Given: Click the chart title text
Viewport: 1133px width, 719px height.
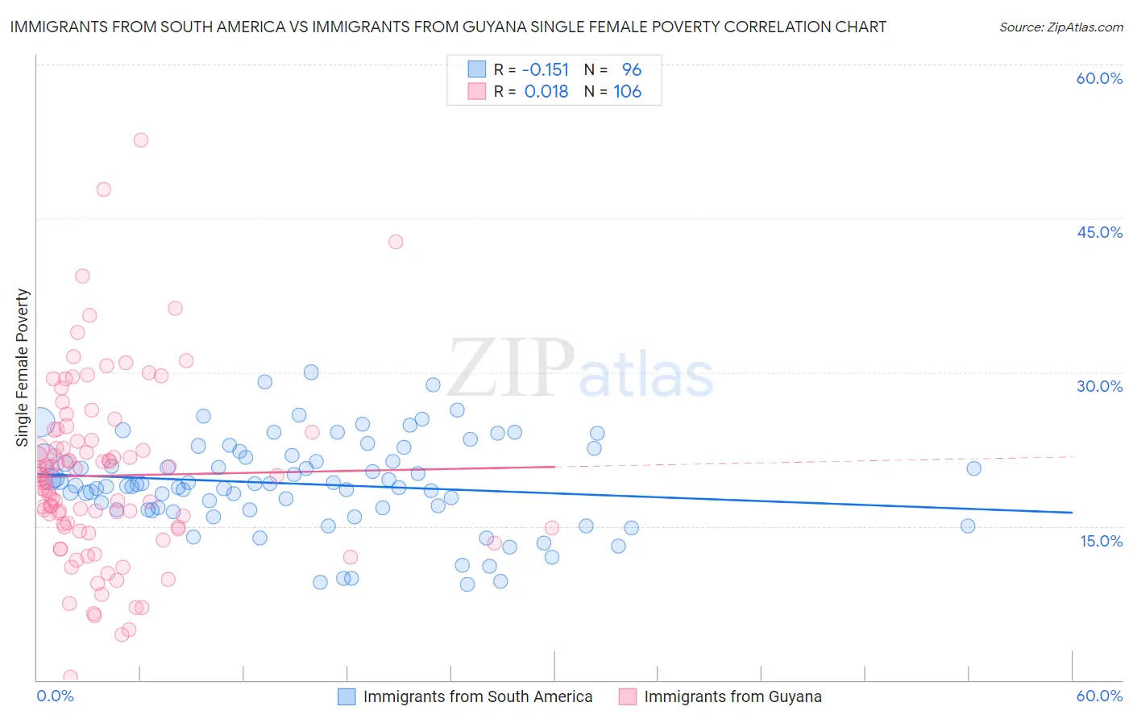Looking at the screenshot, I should pyautogui.click(x=448, y=27).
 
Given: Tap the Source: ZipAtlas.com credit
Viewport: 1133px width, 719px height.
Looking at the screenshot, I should pyautogui.click(x=1060, y=27).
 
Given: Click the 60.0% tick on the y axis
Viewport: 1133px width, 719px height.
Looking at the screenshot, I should pyautogui.click(x=1099, y=78).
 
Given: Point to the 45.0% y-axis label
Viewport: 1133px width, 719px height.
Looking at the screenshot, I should pyautogui.click(x=1099, y=232).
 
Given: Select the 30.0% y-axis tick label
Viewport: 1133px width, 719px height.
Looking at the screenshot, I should pyautogui.click(x=1099, y=386).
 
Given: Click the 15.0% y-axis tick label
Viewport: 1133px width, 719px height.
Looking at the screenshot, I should pyautogui.click(x=1101, y=541).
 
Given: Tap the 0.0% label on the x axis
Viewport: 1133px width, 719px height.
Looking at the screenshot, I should pyautogui.click(x=55, y=696).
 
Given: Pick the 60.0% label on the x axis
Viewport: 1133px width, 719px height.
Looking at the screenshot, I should pyautogui.click(x=1099, y=696).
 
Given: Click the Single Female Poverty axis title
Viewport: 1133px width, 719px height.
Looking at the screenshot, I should pyautogui.click(x=23, y=368).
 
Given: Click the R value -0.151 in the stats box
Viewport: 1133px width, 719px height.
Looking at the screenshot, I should pyautogui.click(x=546, y=70).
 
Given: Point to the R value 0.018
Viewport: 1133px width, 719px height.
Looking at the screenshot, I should pyautogui.click(x=546, y=92).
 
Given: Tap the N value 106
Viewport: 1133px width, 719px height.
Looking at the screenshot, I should pyautogui.click(x=627, y=92).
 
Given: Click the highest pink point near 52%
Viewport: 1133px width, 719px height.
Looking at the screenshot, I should pyautogui.click(x=141, y=139).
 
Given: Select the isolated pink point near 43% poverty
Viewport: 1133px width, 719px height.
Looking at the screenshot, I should pyautogui.click(x=396, y=241).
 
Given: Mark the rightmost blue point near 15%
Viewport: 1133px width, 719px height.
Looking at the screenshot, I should pyautogui.click(x=968, y=526).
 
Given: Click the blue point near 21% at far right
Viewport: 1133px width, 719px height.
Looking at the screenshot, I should pyautogui.click(x=973, y=468).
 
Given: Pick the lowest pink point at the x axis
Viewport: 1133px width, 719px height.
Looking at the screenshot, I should pyautogui.click(x=70, y=677).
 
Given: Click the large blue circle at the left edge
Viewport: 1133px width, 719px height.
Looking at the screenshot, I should pyautogui.click(x=40, y=422).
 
